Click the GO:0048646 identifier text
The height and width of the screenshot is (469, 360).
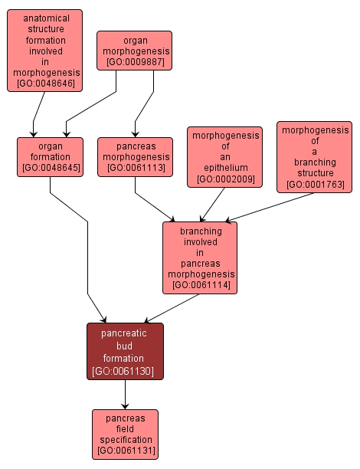click(45, 83)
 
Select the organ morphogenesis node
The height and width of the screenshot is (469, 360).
click(134, 50)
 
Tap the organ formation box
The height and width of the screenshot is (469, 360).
click(50, 156)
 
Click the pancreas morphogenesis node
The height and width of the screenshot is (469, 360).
click(134, 156)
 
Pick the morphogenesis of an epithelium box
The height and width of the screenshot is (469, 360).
click(224, 157)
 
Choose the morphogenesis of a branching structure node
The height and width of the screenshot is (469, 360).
click(314, 157)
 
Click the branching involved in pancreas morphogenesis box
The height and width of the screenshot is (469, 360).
click(200, 257)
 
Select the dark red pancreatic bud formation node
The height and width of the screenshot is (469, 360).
click(125, 351)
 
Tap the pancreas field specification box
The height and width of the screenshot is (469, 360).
click(125, 434)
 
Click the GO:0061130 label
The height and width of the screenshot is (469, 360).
click(125, 371)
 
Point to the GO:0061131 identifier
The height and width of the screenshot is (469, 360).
click(125, 451)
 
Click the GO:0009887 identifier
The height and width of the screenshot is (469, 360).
click(134, 61)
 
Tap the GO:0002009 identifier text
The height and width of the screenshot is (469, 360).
click(224, 179)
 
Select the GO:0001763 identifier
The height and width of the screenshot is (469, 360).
click(314, 185)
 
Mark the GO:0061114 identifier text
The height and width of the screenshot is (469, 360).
click(200, 285)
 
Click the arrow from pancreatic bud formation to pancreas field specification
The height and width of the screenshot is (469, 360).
click(125, 395)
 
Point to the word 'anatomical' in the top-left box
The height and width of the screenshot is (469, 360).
click(45, 18)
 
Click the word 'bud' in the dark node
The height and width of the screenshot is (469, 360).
click(125, 346)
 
